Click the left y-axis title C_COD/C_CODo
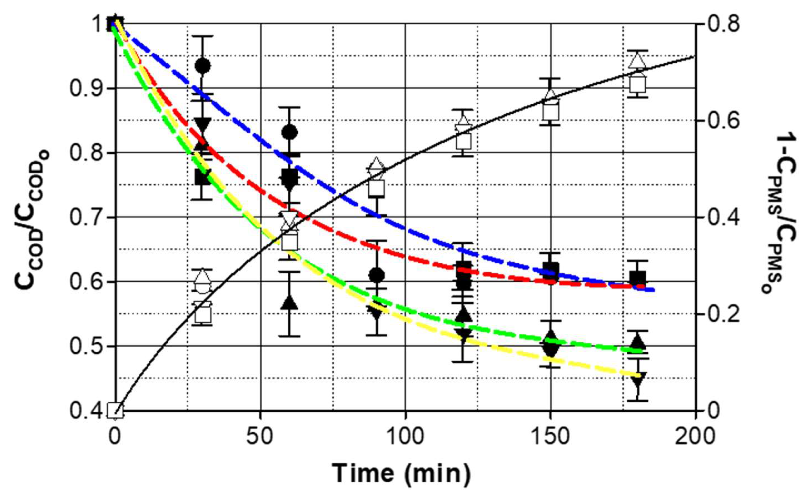[31, 218]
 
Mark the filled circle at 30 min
[202, 66]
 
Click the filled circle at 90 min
[376, 275]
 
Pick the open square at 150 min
[551, 113]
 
